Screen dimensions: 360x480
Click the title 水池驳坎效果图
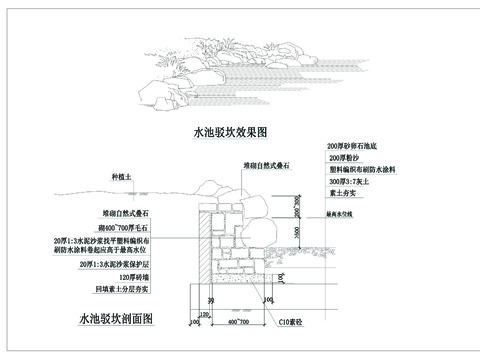(x=236, y=132)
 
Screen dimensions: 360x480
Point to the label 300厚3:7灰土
(x=350, y=182)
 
